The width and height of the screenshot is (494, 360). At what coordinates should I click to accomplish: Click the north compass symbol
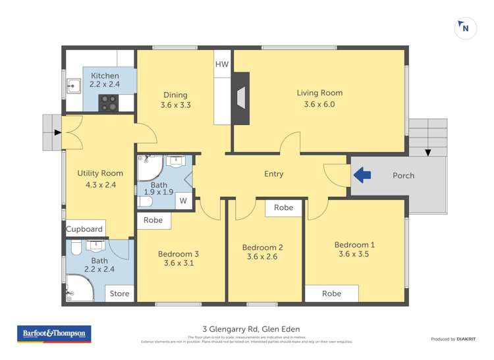pyautogui.click(x=465, y=28)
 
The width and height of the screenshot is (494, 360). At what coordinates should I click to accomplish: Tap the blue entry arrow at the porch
pyautogui.click(x=362, y=175)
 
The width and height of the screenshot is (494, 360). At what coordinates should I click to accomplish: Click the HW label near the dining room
pyautogui.click(x=222, y=64)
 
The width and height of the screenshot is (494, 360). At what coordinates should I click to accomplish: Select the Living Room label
pyautogui.click(x=319, y=93)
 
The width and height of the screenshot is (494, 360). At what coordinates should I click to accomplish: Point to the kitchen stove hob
pyautogui.click(x=108, y=103)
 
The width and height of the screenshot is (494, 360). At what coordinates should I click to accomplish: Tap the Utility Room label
pyautogui.click(x=100, y=174)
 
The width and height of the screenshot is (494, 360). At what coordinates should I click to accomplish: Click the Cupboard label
pyautogui.click(x=84, y=229)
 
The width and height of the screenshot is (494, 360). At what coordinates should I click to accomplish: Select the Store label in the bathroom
pyautogui.click(x=119, y=294)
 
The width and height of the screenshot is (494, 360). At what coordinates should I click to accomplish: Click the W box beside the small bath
pyautogui.click(x=184, y=201)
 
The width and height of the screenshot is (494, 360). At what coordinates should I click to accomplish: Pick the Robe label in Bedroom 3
pyautogui.click(x=153, y=220)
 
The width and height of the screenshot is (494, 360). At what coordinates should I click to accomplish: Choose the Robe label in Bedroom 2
pyautogui.click(x=283, y=207)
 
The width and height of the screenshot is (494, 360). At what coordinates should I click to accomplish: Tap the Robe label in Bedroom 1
pyautogui.click(x=331, y=294)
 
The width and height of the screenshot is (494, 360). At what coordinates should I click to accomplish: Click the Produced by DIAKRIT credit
pyautogui.click(x=453, y=339)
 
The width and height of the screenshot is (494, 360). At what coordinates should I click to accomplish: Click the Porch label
pyautogui.click(x=403, y=176)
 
